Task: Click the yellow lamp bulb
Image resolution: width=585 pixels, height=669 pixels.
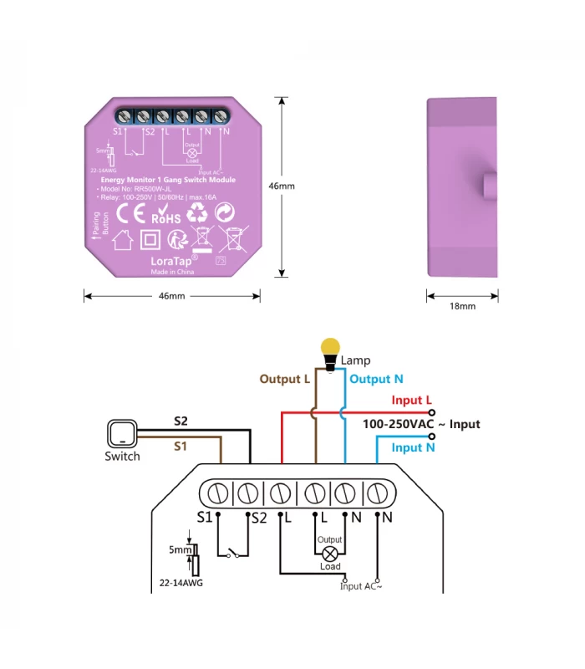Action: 332,346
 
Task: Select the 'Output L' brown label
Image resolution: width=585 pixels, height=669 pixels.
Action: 284,379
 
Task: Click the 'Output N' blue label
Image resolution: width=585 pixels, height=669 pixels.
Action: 376,379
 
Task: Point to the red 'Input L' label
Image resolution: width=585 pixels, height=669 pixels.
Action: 411,401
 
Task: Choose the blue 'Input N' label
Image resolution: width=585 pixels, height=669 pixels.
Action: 413,447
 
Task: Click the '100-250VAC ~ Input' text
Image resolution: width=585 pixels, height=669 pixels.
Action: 421,424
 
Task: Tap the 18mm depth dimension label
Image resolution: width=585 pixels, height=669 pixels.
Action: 462,306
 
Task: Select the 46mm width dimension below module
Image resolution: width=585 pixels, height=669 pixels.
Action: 171,296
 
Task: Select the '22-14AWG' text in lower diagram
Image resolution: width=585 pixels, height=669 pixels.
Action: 181,582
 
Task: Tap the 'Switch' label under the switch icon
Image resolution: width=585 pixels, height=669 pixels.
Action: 122,457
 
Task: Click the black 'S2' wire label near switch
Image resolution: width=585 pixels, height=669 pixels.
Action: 181,420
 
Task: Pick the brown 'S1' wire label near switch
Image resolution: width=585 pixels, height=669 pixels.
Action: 181,446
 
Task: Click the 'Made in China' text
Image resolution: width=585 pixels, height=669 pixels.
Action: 171,273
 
